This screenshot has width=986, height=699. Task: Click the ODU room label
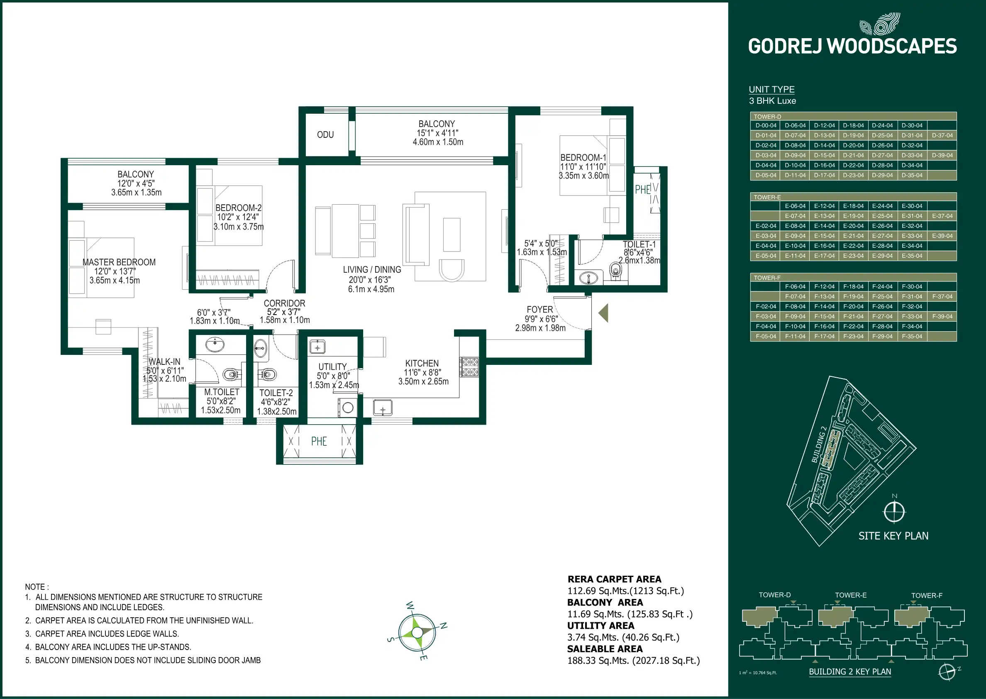coord(325,135)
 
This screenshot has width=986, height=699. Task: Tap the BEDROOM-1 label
coord(583,158)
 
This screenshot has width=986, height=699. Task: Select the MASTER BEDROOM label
coord(119,262)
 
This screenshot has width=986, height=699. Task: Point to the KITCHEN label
coord(422,364)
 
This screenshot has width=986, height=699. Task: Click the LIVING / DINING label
coord(372,270)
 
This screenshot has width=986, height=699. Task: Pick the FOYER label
coord(539,310)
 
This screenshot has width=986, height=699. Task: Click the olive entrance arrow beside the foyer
coord(603,313)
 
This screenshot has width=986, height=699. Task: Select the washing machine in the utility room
coord(348,407)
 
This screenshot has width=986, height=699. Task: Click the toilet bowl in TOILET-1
coord(616,270)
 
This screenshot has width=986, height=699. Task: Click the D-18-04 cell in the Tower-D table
coord(853,126)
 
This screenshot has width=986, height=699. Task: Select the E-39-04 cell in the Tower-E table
coord(942,236)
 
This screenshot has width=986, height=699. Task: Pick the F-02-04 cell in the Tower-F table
coord(766,306)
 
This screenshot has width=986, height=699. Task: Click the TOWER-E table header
coord(767,197)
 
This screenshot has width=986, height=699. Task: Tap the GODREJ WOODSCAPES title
coord(852,46)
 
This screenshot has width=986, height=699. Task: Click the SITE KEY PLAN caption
coord(893,536)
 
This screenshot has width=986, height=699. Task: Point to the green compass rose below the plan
coord(417,632)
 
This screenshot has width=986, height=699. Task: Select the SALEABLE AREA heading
coord(604,649)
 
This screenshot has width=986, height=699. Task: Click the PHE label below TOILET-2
coord(319,442)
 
